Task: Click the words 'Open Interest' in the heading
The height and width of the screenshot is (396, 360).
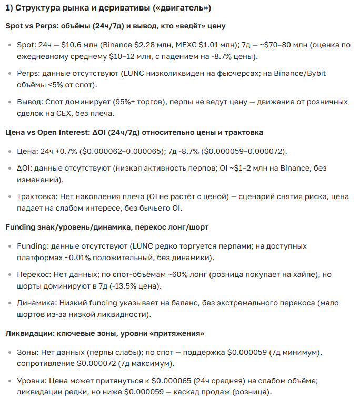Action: click(x=60, y=132)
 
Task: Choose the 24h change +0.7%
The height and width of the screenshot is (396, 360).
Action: click(x=68, y=152)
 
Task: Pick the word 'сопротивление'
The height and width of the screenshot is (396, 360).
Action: click(x=45, y=363)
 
